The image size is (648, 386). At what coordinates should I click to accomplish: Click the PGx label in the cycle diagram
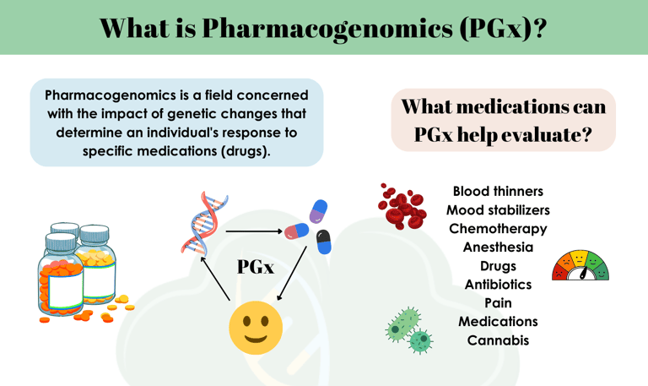pos(256,267)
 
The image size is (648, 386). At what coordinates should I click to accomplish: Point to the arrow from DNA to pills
pos(254,231)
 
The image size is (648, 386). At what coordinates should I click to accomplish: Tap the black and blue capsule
pos(323,242)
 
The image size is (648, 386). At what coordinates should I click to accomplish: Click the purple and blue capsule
pos(318,211)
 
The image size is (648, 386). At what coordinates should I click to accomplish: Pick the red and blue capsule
pos(297,231)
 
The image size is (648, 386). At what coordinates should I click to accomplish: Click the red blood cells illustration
pos(402,206)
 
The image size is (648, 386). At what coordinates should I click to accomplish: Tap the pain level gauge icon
pos(580,265)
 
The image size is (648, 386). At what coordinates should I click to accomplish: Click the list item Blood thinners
pos(498,192)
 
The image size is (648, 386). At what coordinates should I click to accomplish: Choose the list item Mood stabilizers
pos(498,210)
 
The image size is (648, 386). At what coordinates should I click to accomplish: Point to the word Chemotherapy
pos(498,229)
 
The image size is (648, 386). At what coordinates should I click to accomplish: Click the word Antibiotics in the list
pos(498,285)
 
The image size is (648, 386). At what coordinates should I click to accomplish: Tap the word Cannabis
pos(498,340)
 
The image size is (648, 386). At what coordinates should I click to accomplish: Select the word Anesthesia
pos(498,247)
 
